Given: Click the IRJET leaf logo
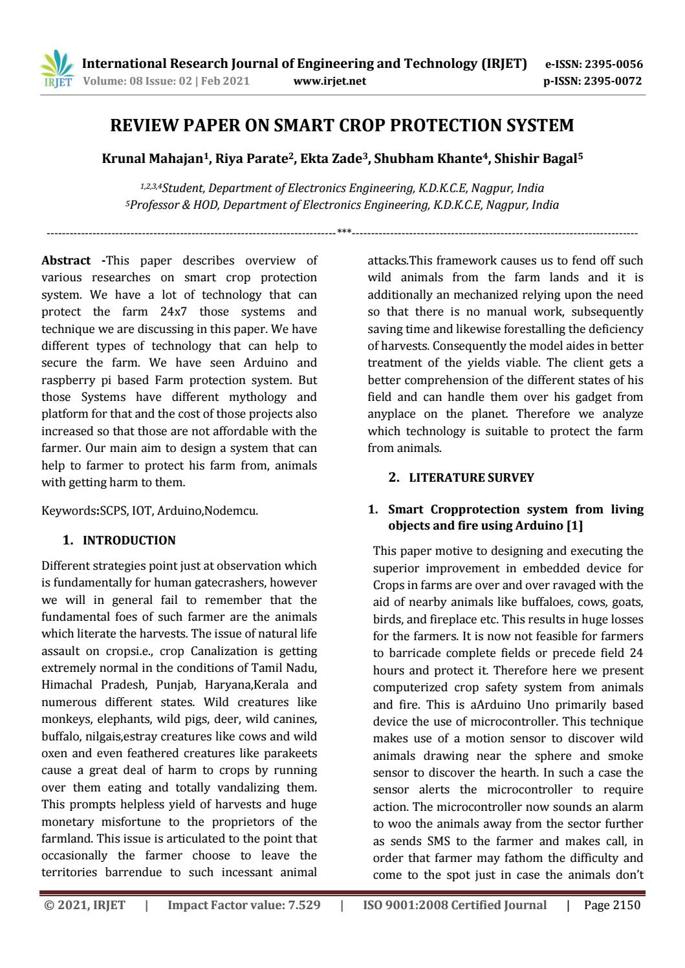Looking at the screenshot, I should tap(58, 69).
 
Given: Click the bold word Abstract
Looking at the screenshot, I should tap(66, 261).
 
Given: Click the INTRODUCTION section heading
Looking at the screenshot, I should tap(129, 540).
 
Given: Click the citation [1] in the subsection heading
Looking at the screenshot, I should tap(574, 526).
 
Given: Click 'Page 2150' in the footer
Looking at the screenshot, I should tap(611, 905).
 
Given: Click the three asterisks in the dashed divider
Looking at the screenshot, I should tap(344, 231).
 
